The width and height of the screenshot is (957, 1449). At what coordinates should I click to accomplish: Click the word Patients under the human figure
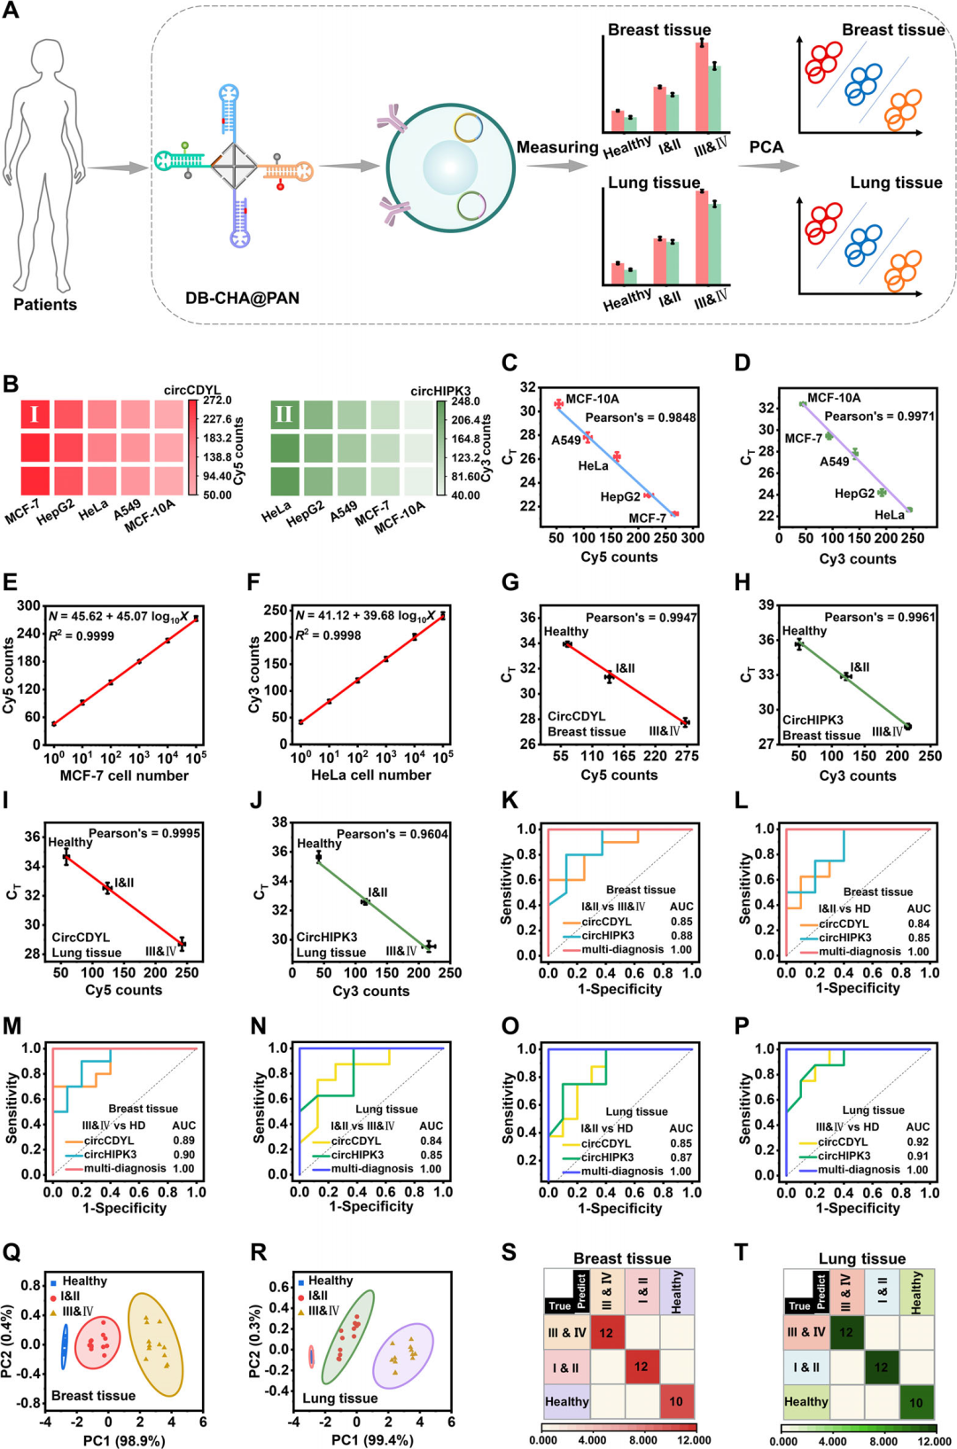(45, 304)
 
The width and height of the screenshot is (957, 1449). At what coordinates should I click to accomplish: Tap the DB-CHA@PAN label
(243, 298)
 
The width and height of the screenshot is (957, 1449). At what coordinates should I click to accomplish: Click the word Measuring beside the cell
(557, 147)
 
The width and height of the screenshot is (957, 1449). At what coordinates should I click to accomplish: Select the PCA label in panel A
(766, 147)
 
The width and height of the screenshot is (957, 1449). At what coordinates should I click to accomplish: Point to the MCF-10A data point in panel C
(558, 403)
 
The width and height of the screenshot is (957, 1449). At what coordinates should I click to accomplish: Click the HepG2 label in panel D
(854, 494)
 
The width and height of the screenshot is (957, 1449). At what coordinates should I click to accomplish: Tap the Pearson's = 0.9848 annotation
(640, 418)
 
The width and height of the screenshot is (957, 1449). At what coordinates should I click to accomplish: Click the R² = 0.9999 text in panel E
(82, 636)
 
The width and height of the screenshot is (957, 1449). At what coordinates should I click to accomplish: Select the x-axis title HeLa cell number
(371, 775)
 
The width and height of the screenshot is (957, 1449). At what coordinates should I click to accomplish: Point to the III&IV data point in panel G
(686, 722)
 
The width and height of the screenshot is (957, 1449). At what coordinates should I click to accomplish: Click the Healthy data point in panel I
(66, 856)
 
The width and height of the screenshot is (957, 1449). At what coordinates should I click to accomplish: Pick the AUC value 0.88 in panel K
(681, 935)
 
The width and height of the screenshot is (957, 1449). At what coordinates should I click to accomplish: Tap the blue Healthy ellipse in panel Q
(64, 1347)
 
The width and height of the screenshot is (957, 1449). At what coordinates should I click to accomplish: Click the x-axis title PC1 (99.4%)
(372, 1440)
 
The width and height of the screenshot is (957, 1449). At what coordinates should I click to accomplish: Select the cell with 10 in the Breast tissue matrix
(676, 1401)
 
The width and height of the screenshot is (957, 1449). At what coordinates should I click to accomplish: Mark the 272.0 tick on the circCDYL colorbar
(217, 401)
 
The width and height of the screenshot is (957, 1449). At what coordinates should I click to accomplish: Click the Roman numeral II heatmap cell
(284, 414)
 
